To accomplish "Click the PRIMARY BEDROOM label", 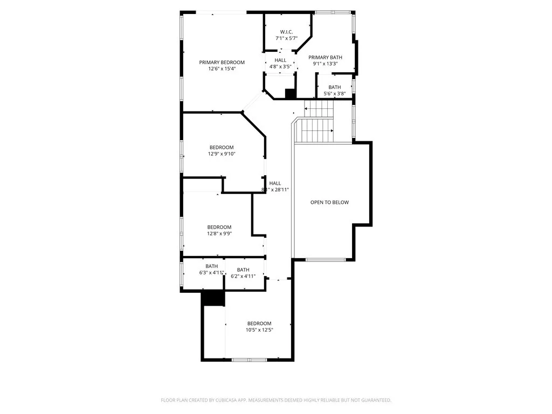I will pos(222,63).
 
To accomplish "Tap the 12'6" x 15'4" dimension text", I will pos(222,69).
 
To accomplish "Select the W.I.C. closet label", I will pos(286,32).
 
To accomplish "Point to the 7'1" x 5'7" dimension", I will pos(286,38).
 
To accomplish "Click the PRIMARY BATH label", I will pos(326,57).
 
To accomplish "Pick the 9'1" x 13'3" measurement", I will pos(326,64).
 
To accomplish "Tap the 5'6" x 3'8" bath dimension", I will pos(334,94).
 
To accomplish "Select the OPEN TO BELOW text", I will pos(329,203).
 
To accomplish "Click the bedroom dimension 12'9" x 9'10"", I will pos(222,154).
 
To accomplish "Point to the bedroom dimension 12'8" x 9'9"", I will pos(219,234).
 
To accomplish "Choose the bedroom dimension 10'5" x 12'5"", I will pos(259,330).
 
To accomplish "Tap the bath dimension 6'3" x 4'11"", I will pos(211,273).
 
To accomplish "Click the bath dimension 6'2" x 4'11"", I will pos(243,277).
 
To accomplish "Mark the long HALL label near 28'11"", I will pos(275,183).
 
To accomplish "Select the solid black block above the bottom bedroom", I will pos(213,299).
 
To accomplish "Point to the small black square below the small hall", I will pos(290,94).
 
